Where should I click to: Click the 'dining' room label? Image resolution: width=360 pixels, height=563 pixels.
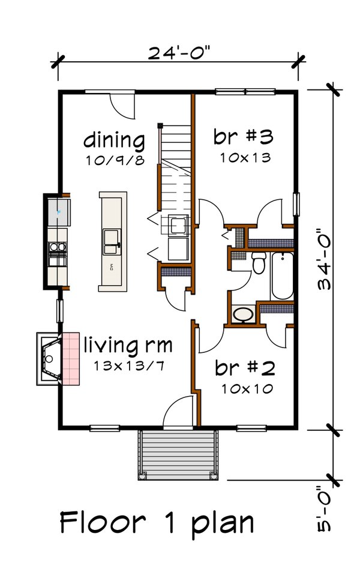tap(113, 140)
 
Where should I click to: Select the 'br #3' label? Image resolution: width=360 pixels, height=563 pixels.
tap(243, 136)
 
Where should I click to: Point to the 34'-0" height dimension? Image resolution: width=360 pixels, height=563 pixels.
tap(326, 259)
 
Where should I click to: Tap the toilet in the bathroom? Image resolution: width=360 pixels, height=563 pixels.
tap(259, 262)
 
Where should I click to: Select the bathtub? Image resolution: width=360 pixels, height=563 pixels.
tap(282, 276)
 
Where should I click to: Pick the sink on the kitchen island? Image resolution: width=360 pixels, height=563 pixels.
tap(111, 242)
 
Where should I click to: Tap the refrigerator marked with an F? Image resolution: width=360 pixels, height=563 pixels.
tap(59, 211)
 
